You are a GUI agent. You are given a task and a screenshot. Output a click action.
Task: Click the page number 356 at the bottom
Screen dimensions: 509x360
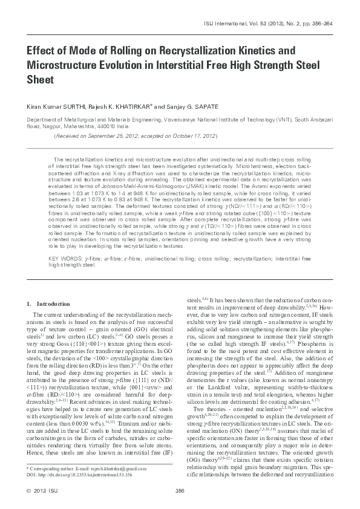(179, 491)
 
